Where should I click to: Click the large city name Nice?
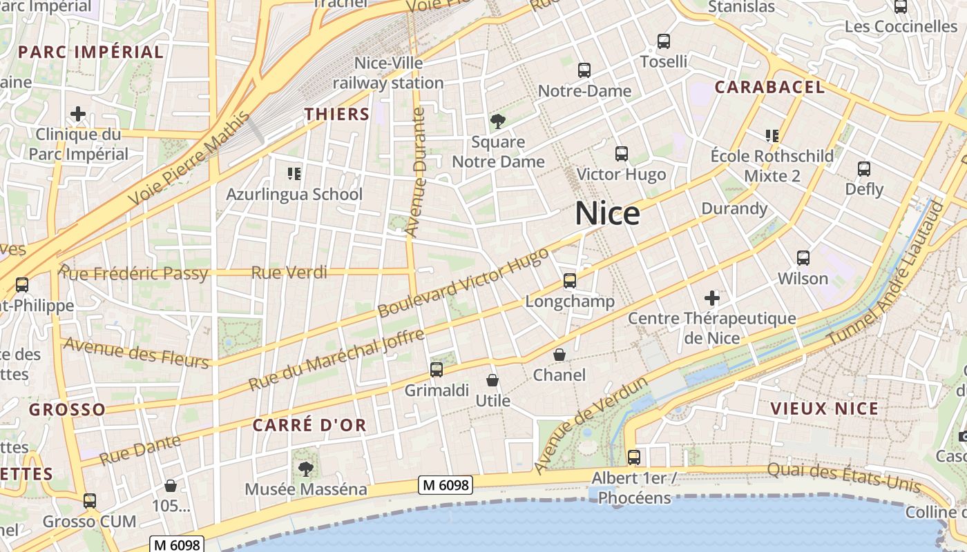click(x=607, y=214)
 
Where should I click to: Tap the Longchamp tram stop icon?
click(x=570, y=281)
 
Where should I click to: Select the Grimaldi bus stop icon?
click(x=437, y=369)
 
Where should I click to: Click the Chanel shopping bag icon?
click(x=559, y=355)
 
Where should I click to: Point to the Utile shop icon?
click(x=492, y=380)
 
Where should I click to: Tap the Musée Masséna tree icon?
click(x=305, y=469)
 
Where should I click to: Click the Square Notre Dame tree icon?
click(x=497, y=122)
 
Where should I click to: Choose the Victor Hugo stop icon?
click(x=622, y=154)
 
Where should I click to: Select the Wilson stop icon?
click(x=803, y=258)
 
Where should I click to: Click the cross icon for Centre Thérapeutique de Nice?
click(x=712, y=298)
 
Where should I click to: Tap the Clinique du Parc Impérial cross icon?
click(x=78, y=114)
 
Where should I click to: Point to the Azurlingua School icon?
click(x=294, y=173)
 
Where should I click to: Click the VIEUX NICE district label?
click(x=824, y=408)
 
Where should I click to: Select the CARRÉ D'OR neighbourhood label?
click(x=309, y=425)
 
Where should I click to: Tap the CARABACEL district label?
click(x=769, y=87)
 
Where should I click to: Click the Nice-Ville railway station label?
click(x=388, y=73)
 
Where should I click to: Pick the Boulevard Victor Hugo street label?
click(x=463, y=283)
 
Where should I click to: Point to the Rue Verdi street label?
click(x=289, y=273)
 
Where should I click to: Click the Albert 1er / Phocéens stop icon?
click(x=633, y=457)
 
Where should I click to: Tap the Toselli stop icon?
click(x=664, y=41)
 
